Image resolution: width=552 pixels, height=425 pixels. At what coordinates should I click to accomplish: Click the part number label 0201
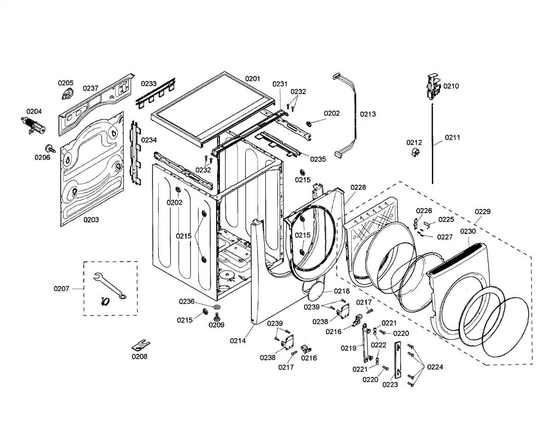(252, 79)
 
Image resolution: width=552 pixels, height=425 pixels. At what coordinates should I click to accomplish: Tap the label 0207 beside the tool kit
(62, 289)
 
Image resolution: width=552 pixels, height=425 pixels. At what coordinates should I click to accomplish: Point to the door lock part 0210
(432, 86)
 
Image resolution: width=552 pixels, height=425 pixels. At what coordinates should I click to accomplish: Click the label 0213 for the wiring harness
(368, 114)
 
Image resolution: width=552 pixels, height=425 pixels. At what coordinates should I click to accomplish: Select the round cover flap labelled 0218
(315, 291)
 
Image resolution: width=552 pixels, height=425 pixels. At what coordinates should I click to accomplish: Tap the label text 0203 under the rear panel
(91, 220)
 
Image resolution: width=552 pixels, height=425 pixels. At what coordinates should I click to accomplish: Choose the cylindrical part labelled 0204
(34, 125)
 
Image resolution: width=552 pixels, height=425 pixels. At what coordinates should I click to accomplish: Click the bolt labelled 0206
(48, 148)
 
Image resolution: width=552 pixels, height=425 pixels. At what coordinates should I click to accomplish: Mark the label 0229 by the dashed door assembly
(483, 211)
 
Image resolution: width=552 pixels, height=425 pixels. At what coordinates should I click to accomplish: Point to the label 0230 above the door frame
(468, 231)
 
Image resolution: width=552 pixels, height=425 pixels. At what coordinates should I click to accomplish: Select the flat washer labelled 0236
(216, 306)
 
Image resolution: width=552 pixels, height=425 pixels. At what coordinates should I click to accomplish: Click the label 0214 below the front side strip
(238, 341)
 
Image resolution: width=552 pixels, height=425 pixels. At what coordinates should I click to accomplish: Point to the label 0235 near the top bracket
(318, 159)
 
